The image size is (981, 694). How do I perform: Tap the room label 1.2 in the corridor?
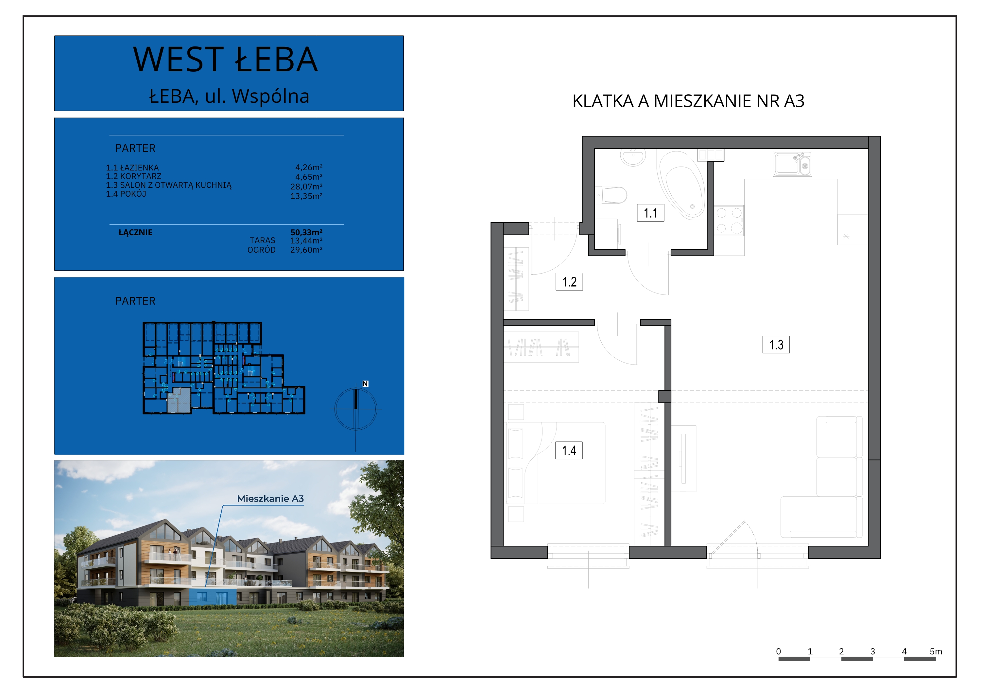[x=569, y=282]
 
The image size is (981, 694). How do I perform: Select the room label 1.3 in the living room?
[x=776, y=345]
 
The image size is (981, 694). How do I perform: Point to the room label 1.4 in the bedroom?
[x=569, y=450]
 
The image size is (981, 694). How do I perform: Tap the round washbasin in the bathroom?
[x=632, y=157]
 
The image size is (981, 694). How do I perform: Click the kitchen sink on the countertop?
[x=792, y=164]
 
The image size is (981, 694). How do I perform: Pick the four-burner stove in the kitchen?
[x=729, y=220]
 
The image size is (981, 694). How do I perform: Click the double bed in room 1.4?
[x=556, y=463]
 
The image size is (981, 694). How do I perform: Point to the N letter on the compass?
[x=365, y=384]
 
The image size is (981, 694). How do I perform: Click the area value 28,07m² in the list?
[x=306, y=187]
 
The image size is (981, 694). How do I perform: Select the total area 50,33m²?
[x=306, y=232]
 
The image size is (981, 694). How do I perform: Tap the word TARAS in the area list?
[x=262, y=241]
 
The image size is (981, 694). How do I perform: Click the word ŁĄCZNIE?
[x=135, y=233]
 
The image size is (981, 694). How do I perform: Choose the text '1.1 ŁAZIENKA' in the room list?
[x=132, y=168]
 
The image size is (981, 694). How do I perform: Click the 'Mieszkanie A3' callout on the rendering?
[x=270, y=499]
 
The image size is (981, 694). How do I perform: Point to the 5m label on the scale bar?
[x=936, y=651]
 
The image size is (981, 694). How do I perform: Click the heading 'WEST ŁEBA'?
[x=226, y=60]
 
